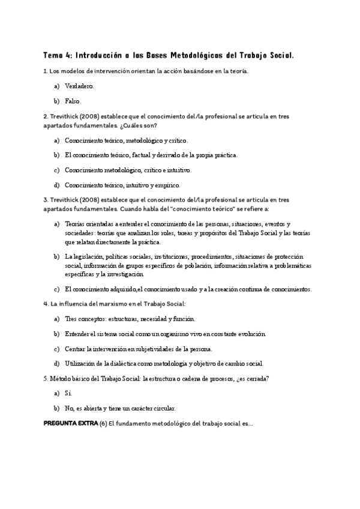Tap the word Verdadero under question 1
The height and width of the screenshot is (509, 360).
[79, 86]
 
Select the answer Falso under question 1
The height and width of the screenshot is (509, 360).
[73, 101]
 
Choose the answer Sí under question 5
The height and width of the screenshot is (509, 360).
[68, 393]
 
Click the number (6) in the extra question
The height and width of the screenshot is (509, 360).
[103, 423]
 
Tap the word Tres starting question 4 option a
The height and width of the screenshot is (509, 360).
[71, 319]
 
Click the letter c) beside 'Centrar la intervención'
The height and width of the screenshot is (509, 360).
[57, 349]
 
